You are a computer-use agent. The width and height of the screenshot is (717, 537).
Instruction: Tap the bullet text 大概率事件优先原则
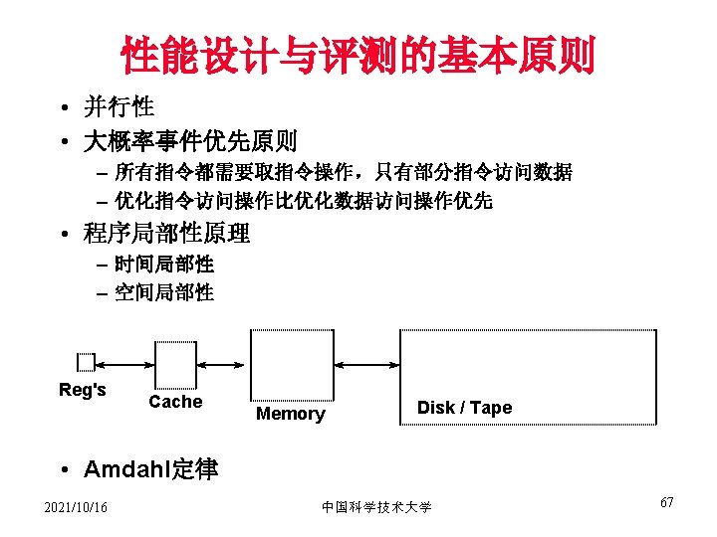point(190,141)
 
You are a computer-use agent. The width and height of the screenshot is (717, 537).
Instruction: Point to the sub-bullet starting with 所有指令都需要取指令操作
point(343,172)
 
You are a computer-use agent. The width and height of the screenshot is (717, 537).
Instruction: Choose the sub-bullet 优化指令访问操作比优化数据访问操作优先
point(303,201)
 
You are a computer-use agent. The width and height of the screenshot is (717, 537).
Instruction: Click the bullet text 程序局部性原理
point(167,234)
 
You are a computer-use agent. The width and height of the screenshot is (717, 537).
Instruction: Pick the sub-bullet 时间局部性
point(163,265)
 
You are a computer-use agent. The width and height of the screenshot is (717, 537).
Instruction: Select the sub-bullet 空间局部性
point(163,292)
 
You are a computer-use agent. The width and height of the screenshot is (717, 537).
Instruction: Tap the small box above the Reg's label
point(86,362)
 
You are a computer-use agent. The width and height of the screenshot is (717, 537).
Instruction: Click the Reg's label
point(83,390)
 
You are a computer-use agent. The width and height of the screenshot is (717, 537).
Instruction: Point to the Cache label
point(175,402)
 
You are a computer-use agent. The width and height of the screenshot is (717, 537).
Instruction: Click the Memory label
point(290,414)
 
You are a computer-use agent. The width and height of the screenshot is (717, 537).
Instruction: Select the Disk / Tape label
point(464,408)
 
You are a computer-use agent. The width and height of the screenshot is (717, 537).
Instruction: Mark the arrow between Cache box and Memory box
point(222,362)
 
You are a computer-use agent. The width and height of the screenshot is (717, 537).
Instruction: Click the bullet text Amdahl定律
point(151,469)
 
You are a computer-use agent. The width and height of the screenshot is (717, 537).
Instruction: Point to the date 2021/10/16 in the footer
point(77,508)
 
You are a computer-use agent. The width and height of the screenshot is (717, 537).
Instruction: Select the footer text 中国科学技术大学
point(376,508)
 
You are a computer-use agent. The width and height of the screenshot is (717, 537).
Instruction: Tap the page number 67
point(666,502)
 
